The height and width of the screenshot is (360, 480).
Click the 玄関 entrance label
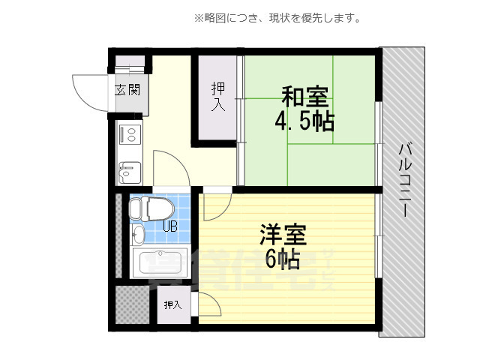pyautogui.click(x=127, y=91)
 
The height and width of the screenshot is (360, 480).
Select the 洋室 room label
pyautogui.click(x=283, y=235)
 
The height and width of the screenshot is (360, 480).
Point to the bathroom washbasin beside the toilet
pyautogui.click(x=136, y=235)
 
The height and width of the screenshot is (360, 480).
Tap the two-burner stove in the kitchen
pyautogui.click(x=128, y=136)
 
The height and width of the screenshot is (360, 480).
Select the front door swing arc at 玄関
pyautogui.click(x=91, y=91)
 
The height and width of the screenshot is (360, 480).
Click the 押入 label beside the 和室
pyautogui.click(x=217, y=97)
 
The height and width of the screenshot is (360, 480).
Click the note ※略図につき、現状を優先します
pyautogui.click(x=278, y=18)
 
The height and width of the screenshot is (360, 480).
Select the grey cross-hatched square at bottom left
pyautogui.click(x=132, y=304)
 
